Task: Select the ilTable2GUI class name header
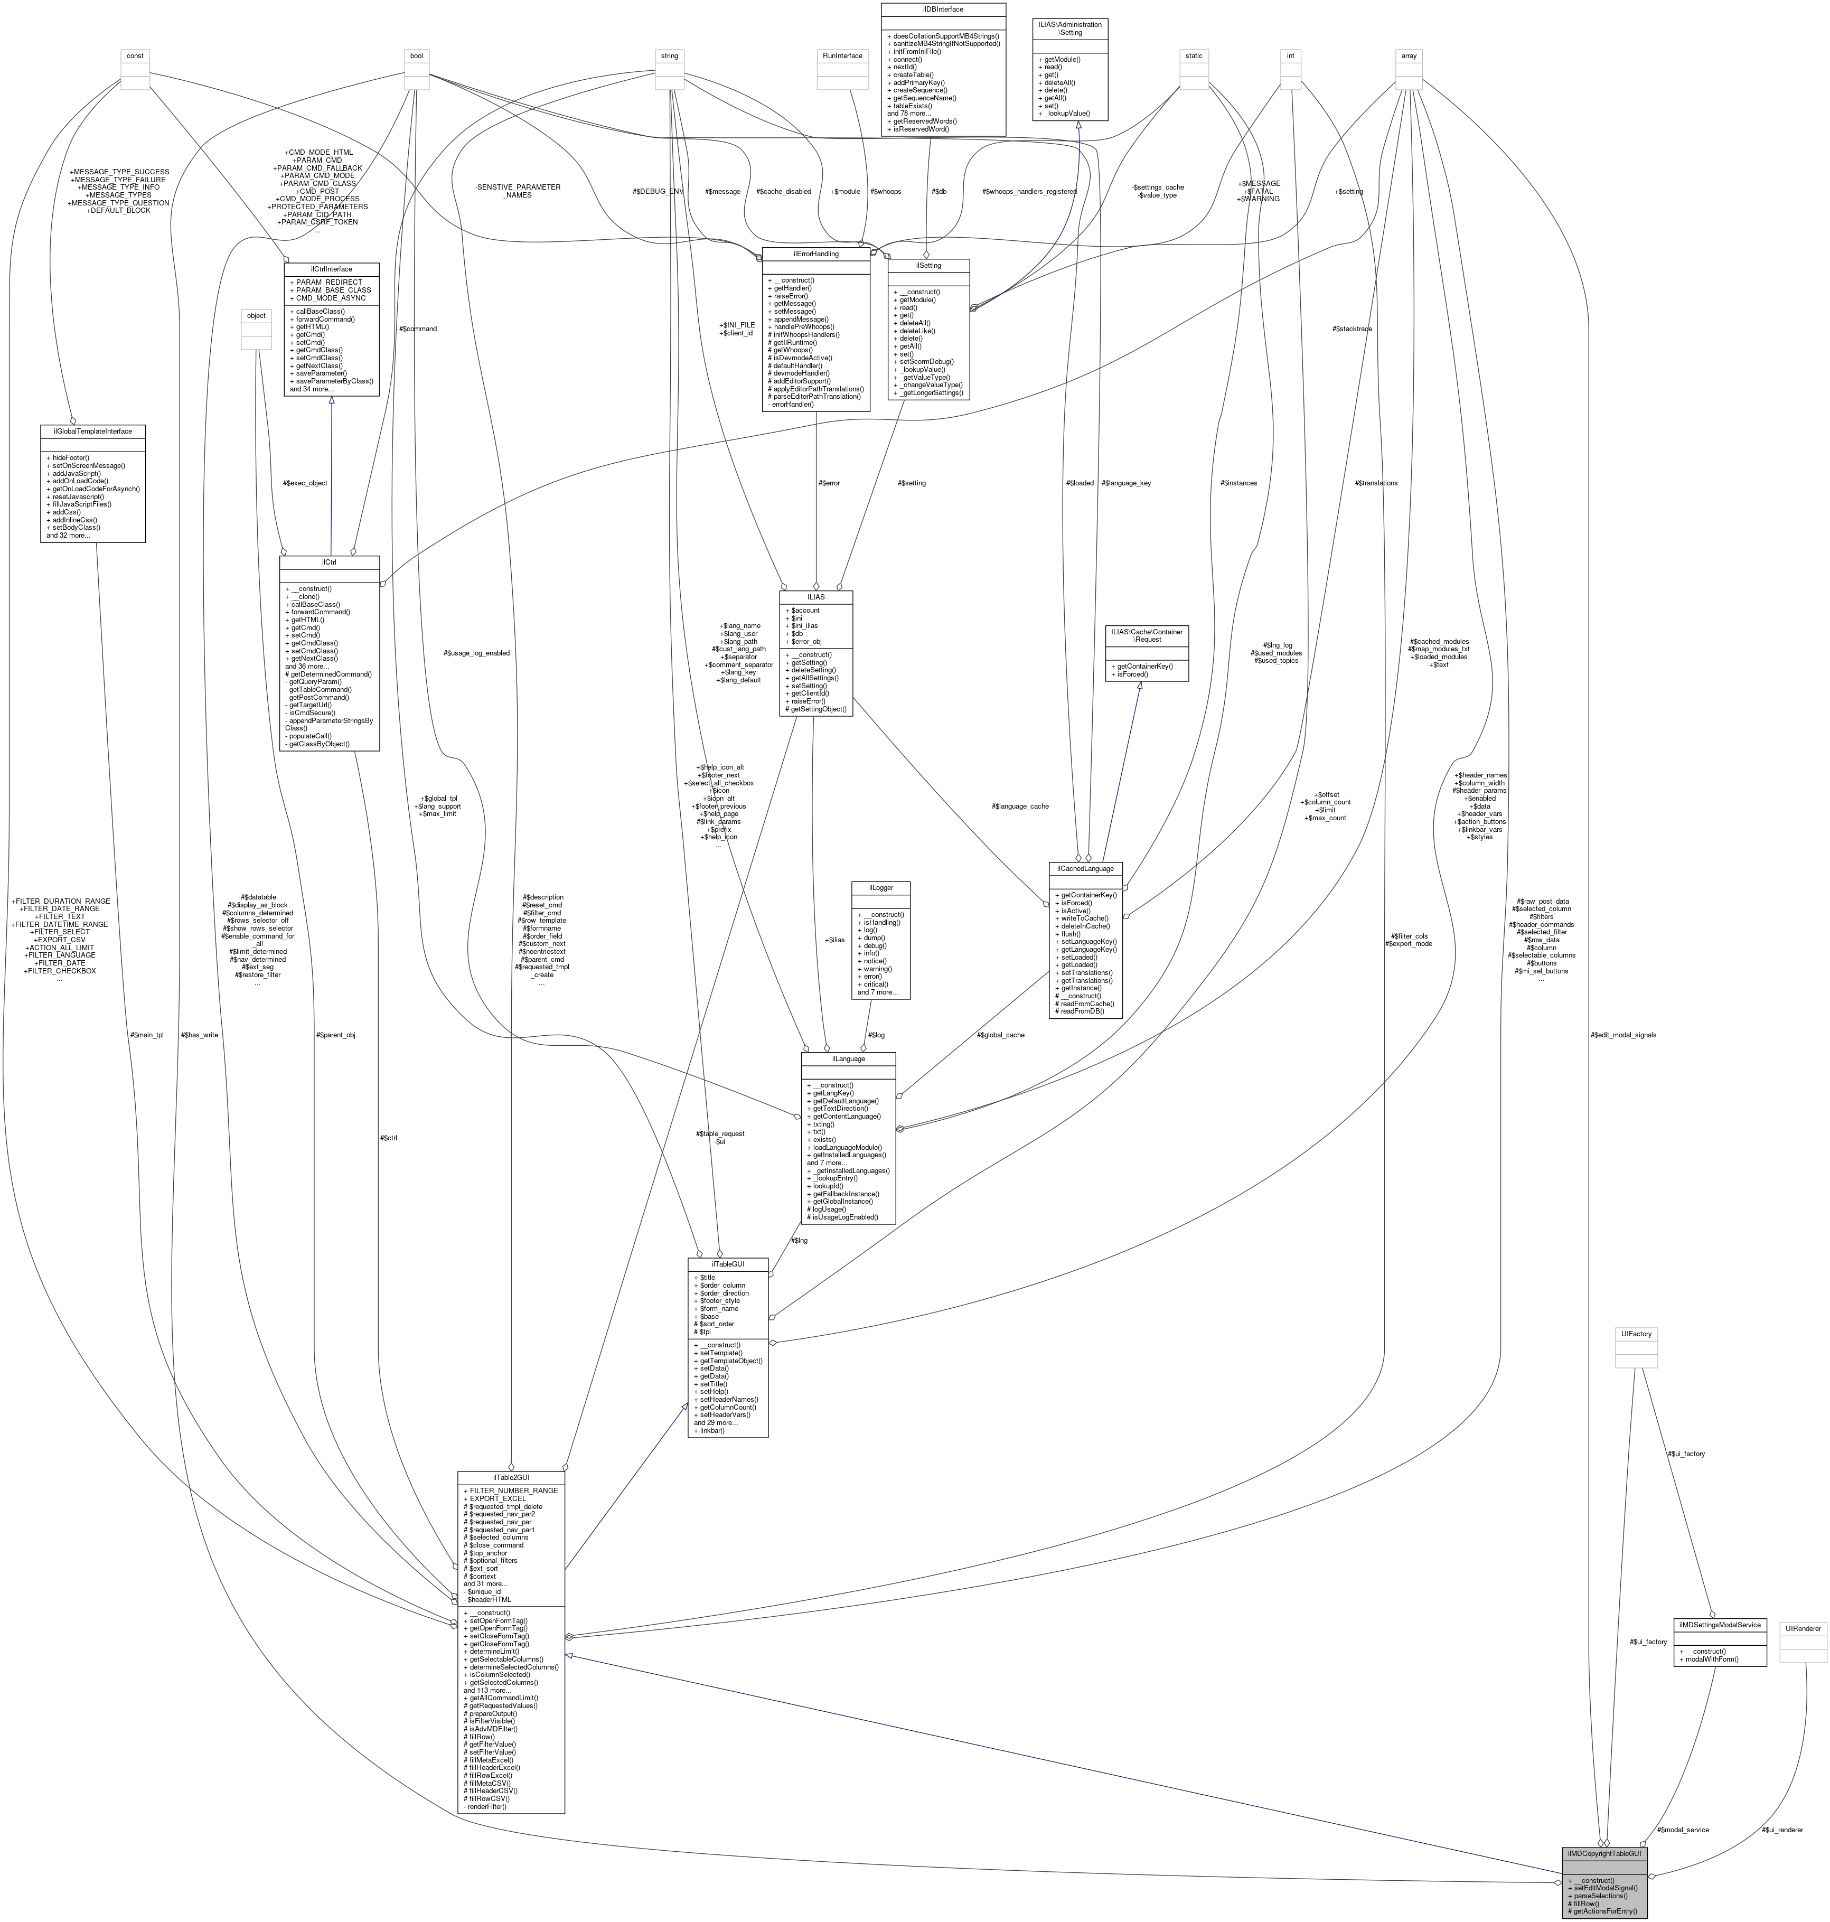click(x=511, y=1477)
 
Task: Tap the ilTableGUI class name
click(x=728, y=1263)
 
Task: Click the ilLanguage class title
click(x=848, y=1057)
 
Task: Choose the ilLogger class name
click(x=881, y=888)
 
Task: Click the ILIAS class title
click(x=815, y=596)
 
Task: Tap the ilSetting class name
click(x=928, y=265)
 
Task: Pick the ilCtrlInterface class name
click(x=332, y=268)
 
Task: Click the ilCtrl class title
click(x=329, y=562)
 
